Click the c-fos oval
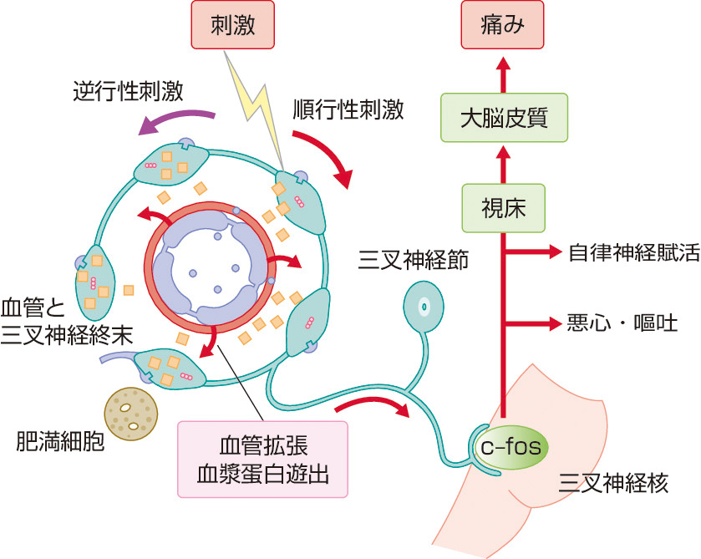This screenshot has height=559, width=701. click(x=511, y=448)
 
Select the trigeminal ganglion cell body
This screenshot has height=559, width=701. click(x=423, y=307)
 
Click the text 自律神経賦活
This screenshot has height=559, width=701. click(x=632, y=253)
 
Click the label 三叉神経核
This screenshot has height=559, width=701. click(x=613, y=483)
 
